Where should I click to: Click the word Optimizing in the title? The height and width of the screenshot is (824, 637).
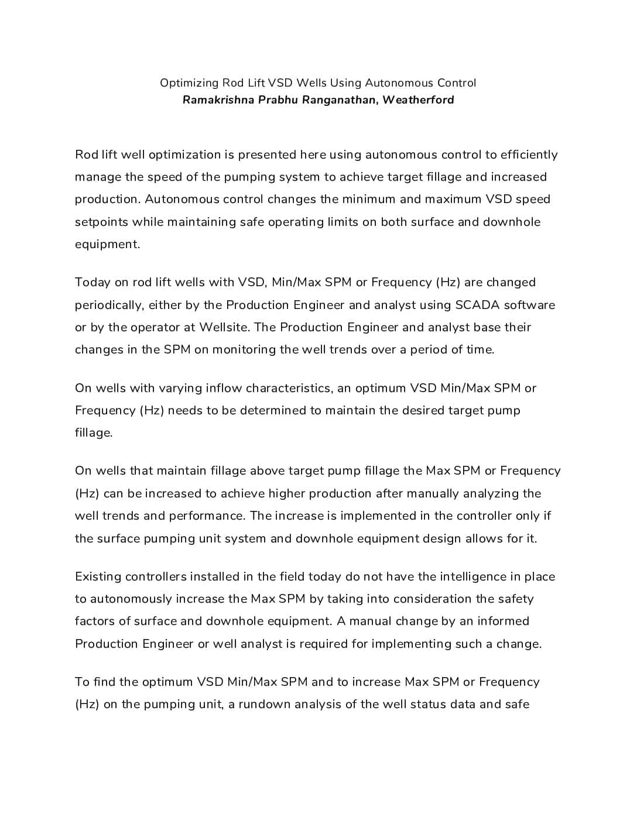coord(189,83)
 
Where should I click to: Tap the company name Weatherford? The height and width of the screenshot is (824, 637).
coord(418,100)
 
